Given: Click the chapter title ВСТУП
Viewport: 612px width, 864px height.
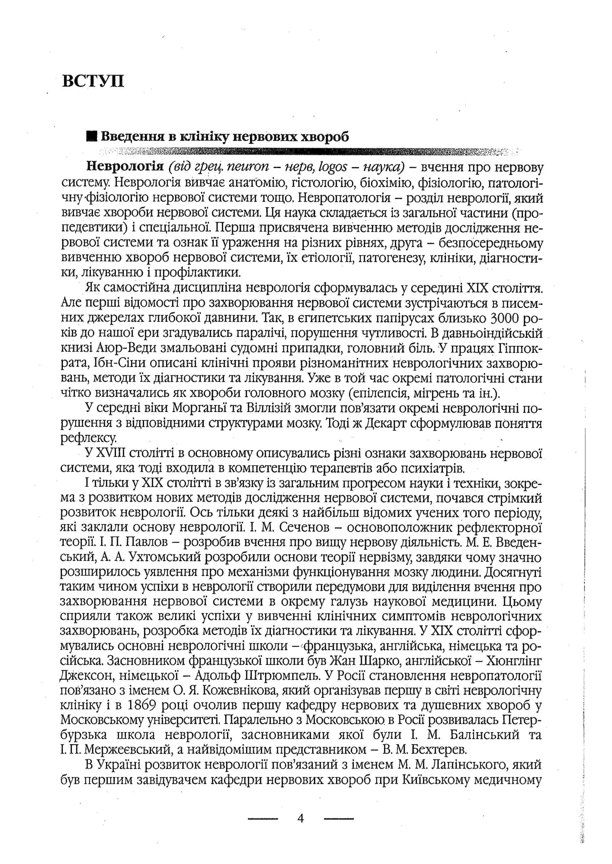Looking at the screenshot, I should click(x=93, y=81).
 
